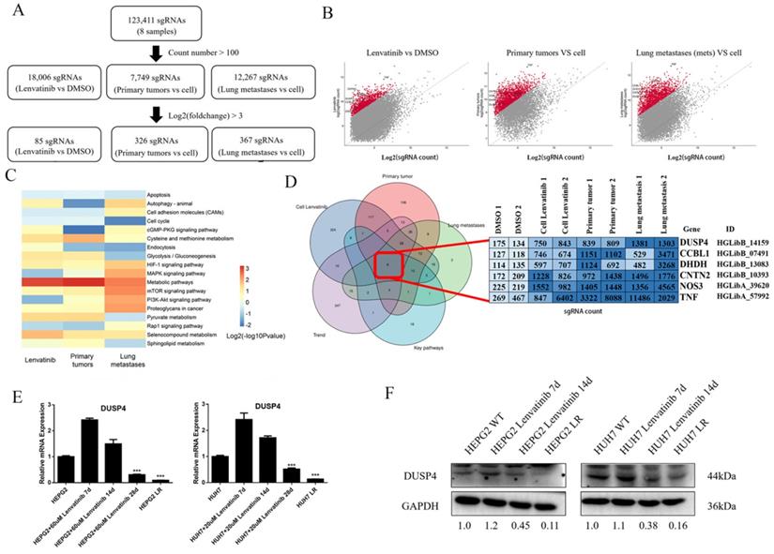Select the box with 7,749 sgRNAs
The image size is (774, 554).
click(x=173, y=81)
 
